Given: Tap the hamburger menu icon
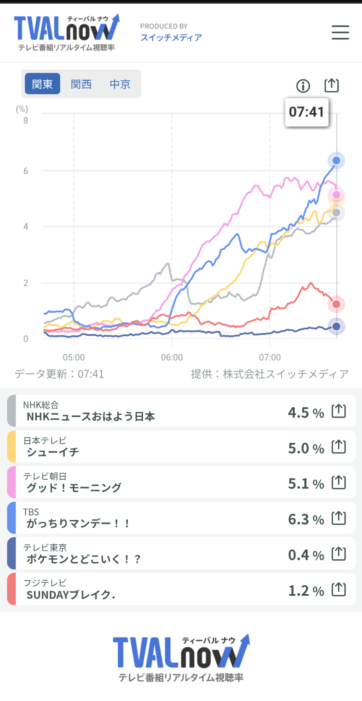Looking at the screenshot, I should coord(340,32).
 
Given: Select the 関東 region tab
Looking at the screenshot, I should coord(42,84).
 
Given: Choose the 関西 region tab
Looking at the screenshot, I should coord(81,84).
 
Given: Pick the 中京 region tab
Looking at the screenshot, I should coord(120,84).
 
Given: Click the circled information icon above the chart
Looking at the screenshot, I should coord(303,86).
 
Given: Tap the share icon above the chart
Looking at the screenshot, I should coord(331,85).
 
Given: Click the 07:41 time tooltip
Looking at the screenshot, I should coord(307,112).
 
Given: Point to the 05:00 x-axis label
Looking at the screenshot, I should coord(74,357).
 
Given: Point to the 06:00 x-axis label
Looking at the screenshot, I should coord(172,357).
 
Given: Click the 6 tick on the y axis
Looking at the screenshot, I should coord(26,171).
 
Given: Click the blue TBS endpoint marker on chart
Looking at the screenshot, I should coord(336,160).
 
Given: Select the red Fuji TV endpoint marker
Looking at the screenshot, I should coord(336,304).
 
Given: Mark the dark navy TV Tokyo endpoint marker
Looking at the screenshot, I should coord(336,327).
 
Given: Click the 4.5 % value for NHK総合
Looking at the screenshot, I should coord(306,413).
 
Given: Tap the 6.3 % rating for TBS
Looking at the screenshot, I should coord(306,520).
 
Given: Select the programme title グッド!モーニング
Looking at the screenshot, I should coord(74,488).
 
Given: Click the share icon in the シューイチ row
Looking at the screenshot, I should coord(339,446).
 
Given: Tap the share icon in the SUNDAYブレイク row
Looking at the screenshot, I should coord(339,589).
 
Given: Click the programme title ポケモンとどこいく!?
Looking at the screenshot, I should coord(83,559).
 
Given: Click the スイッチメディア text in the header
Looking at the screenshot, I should coord(171,37).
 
